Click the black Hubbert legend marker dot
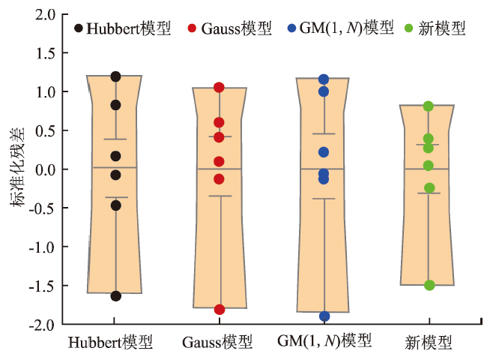pyautogui.click(x=79, y=29)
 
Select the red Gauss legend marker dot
pyautogui.click(x=193, y=29)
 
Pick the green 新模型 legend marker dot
pyautogui.click(x=408, y=29)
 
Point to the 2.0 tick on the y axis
pyautogui.click(x=46, y=14)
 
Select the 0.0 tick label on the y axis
pyautogui.click(x=46, y=169)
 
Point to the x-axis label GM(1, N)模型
pyautogui.click(x=324, y=343)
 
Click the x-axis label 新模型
pyautogui.click(x=427, y=343)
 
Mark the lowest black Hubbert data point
pyautogui.click(x=116, y=296)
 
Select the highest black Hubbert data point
pyautogui.click(x=116, y=76)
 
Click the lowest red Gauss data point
pyautogui.click(x=220, y=310)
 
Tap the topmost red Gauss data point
pyautogui.click(x=220, y=88)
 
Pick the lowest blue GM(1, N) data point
pyautogui.click(x=324, y=316)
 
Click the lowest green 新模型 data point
pyautogui.click(x=429, y=285)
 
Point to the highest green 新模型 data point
pyautogui.click(x=429, y=106)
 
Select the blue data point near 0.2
pyautogui.click(x=324, y=152)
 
